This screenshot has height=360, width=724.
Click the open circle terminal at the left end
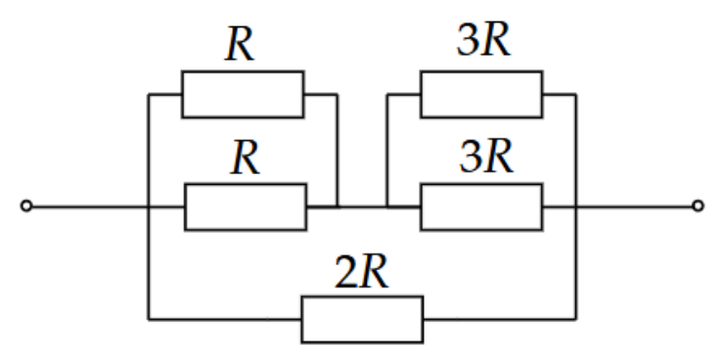click(x=26, y=205)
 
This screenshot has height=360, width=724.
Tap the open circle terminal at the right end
click(x=699, y=205)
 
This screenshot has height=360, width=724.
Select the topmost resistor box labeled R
click(x=243, y=94)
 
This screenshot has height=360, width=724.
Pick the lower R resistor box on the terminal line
click(x=246, y=206)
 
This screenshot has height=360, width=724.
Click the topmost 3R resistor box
click(x=481, y=94)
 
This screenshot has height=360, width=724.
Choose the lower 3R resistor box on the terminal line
click(x=481, y=206)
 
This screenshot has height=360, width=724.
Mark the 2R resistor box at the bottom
click(x=362, y=319)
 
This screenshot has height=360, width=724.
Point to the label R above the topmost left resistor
click(x=240, y=46)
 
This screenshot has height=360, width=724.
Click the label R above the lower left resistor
click(x=246, y=158)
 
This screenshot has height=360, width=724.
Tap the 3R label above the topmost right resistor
click(x=484, y=40)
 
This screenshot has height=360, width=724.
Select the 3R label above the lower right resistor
click(x=486, y=157)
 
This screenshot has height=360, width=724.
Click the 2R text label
click(x=362, y=272)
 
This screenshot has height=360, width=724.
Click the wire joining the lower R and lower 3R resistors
click(x=363, y=206)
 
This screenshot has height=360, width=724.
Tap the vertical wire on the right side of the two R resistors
click(x=338, y=151)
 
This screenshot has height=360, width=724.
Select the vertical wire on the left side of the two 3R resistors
click(x=387, y=151)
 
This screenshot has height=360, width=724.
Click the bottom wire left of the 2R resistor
click(x=225, y=319)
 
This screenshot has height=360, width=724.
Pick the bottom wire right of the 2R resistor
click(x=500, y=319)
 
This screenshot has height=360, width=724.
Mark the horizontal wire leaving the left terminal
click(x=108, y=206)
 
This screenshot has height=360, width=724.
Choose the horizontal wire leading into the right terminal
click(x=617, y=206)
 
